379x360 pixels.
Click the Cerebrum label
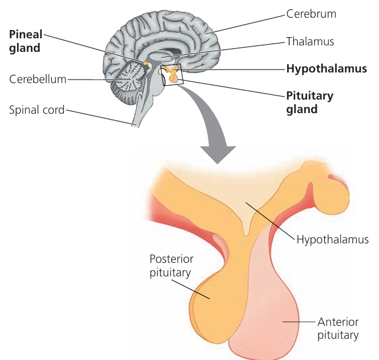311,14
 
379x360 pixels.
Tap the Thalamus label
310,41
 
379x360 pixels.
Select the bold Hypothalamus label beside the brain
326,69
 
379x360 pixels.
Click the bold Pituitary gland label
310,102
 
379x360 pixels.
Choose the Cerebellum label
37,79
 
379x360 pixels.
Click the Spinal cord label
36,110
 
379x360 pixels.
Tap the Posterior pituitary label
171,266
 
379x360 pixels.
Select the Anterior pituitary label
338,329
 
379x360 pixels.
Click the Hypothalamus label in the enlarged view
333,240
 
